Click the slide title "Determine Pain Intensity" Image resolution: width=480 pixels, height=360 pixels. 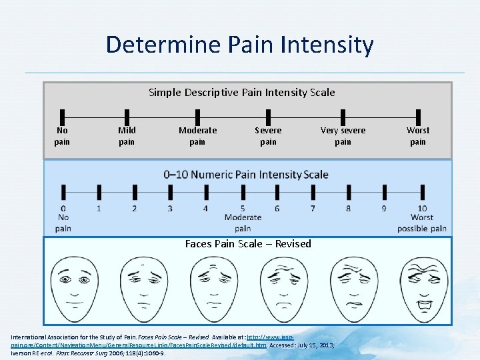click(x=239, y=45)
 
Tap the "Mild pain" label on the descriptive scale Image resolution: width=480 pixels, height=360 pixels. click(x=127, y=136)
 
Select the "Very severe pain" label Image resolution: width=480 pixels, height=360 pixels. click(x=343, y=136)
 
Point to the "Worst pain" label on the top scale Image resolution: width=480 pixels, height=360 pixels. click(x=418, y=136)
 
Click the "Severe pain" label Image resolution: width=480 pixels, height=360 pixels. click(x=268, y=136)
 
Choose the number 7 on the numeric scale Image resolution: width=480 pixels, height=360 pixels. click(x=313, y=209)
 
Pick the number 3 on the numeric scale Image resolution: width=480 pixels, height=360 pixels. click(x=170, y=209)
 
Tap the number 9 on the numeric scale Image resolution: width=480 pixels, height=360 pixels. click(x=384, y=209)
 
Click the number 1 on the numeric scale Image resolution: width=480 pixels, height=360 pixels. click(x=99, y=209)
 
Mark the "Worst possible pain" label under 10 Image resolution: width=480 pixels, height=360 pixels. click(x=422, y=223)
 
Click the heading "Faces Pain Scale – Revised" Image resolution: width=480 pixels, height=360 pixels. click(x=248, y=244)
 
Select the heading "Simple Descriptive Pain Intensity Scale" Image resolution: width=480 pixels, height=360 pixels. click(x=241, y=92)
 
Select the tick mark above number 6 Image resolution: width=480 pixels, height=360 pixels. click(x=277, y=193)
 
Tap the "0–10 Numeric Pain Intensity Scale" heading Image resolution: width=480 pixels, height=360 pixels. click(x=246, y=175)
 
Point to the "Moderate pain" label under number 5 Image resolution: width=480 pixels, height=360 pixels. click(x=243, y=223)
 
